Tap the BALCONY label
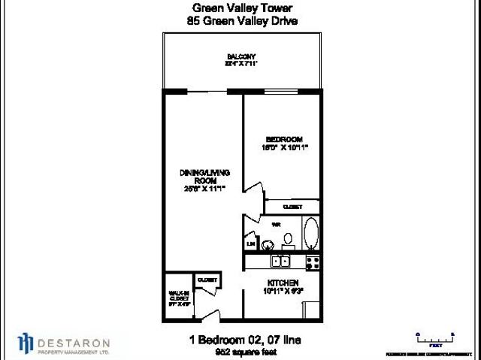[x=241, y=56]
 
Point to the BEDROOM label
[x=283, y=138]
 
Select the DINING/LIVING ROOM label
[x=198, y=177]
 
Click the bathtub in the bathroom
[x=310, y=235]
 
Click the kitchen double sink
[x=282, y=262]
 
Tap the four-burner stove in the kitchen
[x=313, y=262]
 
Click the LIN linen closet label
[x=250, y=244]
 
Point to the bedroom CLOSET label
[x=292, y=207]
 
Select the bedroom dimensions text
[x=283, y=147]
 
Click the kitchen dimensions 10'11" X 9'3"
[x=283, y=290]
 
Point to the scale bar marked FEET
[x=435, y=337]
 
